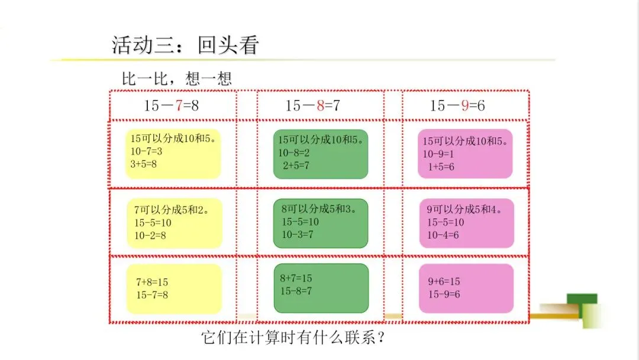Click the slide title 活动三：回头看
[x=185, y=46]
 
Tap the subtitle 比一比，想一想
[x=176, y=78]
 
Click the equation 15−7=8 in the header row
[x=172, y=106]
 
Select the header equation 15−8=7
[x=313, y=106]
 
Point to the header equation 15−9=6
[x=457, y=106]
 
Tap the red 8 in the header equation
[x=320, y=106]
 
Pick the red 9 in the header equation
[x=464, y=106]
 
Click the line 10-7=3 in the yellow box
[x=146, y=152]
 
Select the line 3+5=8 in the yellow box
[x=144, y=163]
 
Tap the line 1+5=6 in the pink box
[x=441, y=166]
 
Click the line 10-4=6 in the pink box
[x=443, y=234]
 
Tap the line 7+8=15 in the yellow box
[x=152, y=282]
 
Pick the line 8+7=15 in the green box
[x=296, y=278]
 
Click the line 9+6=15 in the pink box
[x=444, y=281]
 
